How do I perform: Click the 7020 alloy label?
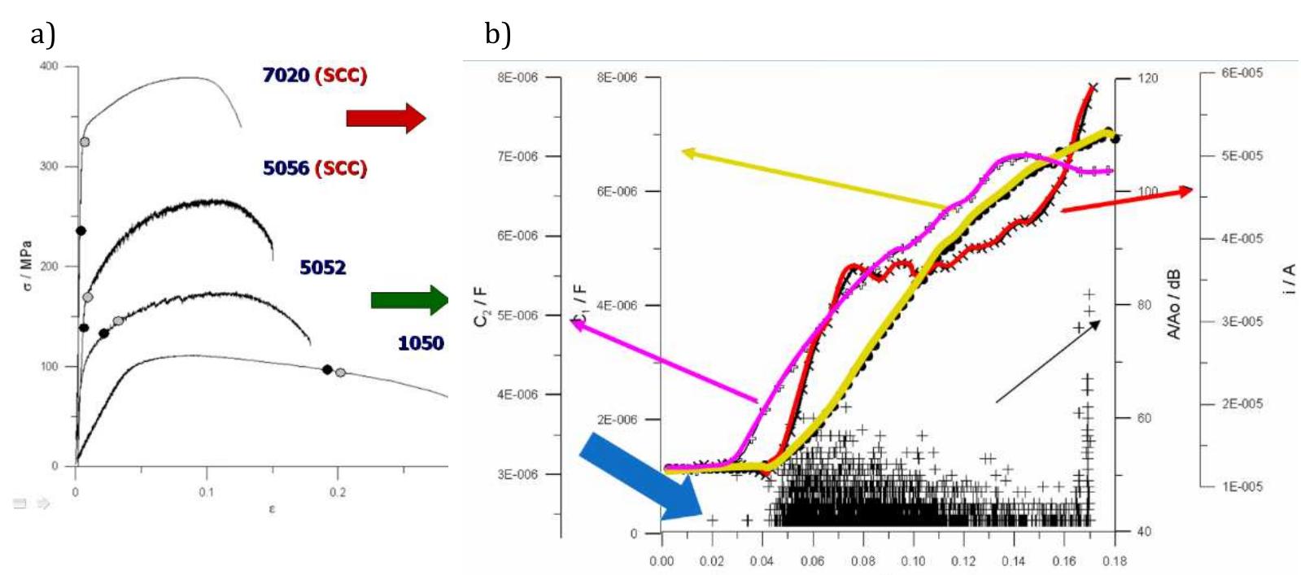tap(286, 76)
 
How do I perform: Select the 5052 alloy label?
tap(322, 267)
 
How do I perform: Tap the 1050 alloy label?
tap(421, 342)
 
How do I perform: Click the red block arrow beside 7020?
tap(386, 119)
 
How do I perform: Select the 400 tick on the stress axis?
tap(50, 67)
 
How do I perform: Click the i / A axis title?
tap(1290, 279)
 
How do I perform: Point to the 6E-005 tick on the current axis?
tap(1243, 73)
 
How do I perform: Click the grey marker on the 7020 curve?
tap(85, 142)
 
